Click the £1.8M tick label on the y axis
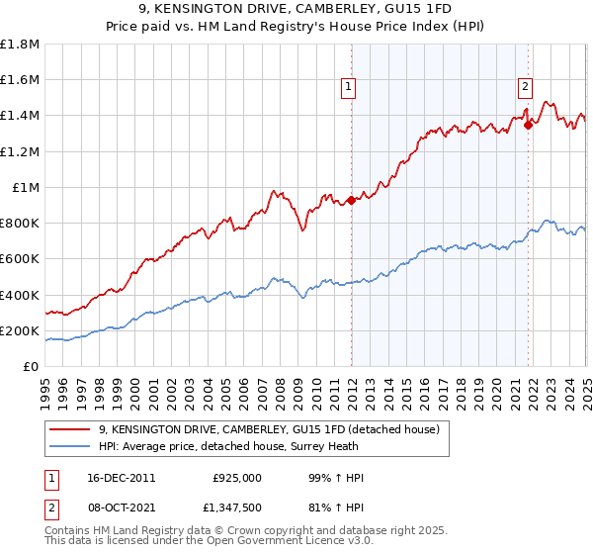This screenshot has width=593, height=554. (20, 45)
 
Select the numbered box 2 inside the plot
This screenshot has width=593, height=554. (524, 86)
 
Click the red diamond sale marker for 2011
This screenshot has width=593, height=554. (352, 201)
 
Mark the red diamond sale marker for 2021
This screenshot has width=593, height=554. (528, 125)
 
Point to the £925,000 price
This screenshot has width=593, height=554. (237, 478)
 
